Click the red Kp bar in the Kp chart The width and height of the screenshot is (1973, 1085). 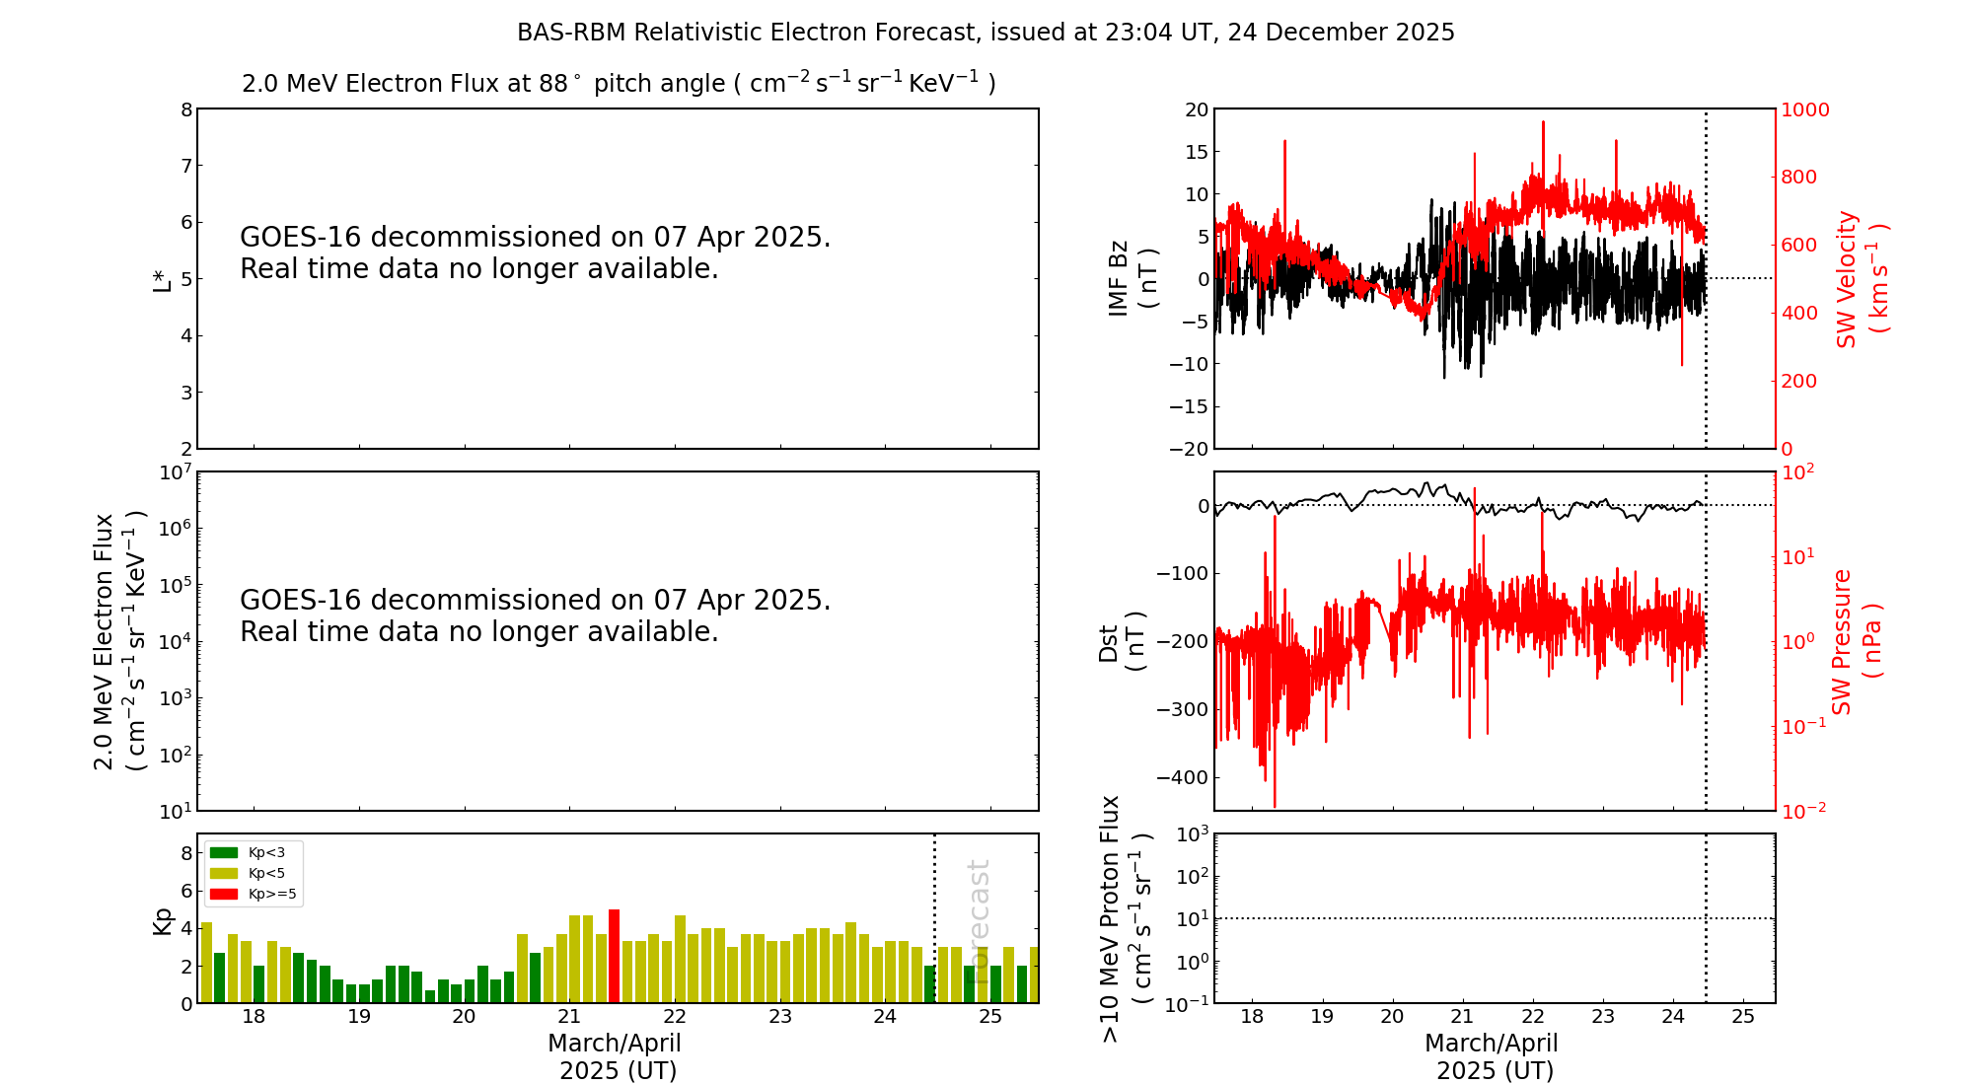[614, 956]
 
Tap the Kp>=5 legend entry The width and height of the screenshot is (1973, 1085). [252, 895]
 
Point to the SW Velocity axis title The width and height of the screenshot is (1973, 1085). [1861, 278]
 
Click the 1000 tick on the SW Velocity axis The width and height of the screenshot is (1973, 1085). [1804, 109]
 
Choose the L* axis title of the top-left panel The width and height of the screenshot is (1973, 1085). [163, 279]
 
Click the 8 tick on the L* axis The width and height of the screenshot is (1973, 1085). [186, 109]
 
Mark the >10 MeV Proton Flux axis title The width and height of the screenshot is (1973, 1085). [1126, 918]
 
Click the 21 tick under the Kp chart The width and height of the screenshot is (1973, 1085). [569, 1017]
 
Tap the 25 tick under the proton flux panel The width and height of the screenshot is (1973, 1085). [1743, 1017]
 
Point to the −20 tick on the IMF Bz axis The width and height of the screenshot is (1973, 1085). [1189, 449]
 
